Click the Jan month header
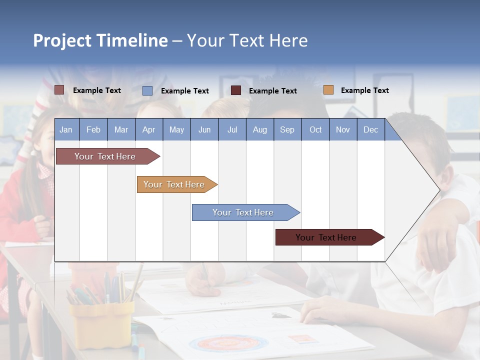pyautogui.click(x=66, y=129)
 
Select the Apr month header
pyautogui.click(x=148, y=129)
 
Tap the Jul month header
pyautogui.click(x=232, y=129)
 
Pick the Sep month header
pyautogui.click(x=287, y=129)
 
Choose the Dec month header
pyautogui.click(x=370, y=129)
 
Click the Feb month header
pyautogui.click(x=93, y=129)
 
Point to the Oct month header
pyautogui.click(x=315, y=129)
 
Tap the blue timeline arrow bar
pyautogui.click(x=243, y=212)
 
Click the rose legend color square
pyautogui.click(x=59, y=90)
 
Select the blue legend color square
pyautogui.click(x=147, y=90)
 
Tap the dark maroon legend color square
pyautogui.click(x=236, y=90)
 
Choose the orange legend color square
pyautogui.click(x=328, y=90)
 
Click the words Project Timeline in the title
pyautogui.click(x=100, y=40)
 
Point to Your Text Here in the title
pyautogui.click(x=247, y=40)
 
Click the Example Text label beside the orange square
pyautogui.click(x=364, y=90)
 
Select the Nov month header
pyautogui.click(x=343, y=129)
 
